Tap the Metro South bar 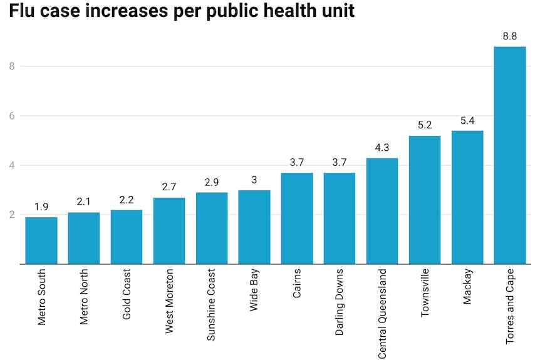[x=41, y=240]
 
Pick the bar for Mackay [x=467, y=197]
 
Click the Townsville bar [x=424, y=200]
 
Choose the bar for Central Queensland [x=382, y=211]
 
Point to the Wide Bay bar [x=254, y=227]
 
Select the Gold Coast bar [x=127, y=237]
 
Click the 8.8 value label [x=509, y=36]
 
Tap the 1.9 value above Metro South [x=41, y=207]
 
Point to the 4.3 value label [x=382, y=148]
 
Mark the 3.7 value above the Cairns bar [x=296, y=163]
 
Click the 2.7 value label [x=169, y=187]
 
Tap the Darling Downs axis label [x=339, y=302]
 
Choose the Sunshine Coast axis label [x=211, y=305]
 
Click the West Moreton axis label [x=169, y=302]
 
